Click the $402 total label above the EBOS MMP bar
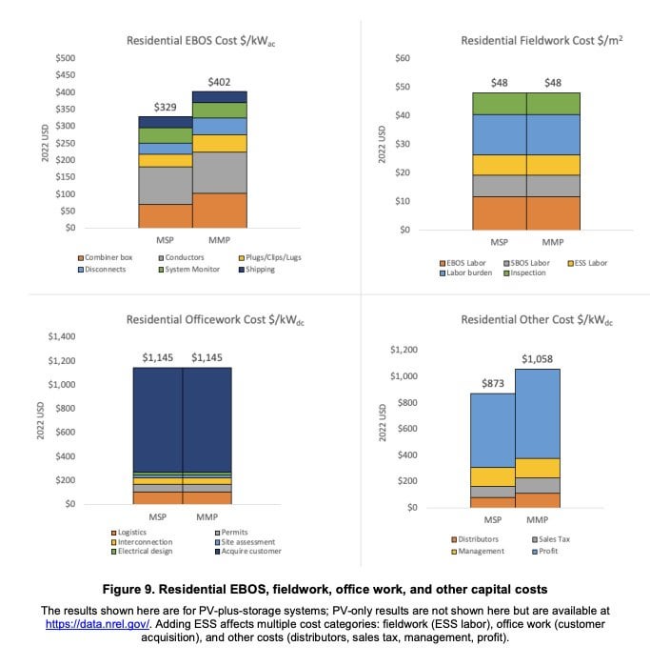tap(219, 82)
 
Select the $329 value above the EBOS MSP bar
tap(165, 107)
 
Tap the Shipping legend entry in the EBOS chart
tap(257, 270)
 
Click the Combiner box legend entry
tap(106, 257)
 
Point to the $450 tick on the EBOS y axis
tap(66, 75)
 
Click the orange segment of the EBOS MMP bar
tap(220, 211)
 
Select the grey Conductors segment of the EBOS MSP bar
tap(166, 186)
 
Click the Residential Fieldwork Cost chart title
tap(542, 41)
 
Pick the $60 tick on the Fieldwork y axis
tap(403, 58)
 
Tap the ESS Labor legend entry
tap(587, 263)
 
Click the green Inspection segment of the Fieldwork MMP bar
tap(553, 104)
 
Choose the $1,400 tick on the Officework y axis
tap(62, 336)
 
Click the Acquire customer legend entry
tap(248, 552)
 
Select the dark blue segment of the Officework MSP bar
tap(158, 419)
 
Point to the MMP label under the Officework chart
tap(207, 517)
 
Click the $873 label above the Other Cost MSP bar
tap(493, 384)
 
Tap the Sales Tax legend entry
tap(551, 539)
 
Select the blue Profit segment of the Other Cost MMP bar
tap(538, 414)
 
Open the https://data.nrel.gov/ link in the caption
tap(98, 624)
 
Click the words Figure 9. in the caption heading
tap(128, 590)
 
